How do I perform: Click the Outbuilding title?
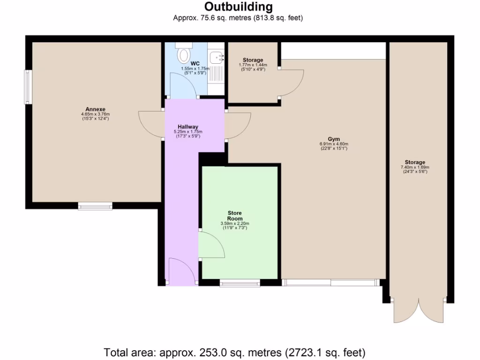(238, 7)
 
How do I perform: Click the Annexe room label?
(92, 109)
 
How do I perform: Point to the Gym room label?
(333, 139)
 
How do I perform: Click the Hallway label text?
(187, 127)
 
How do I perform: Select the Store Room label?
(234, 216)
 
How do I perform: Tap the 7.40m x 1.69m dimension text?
(415, 167)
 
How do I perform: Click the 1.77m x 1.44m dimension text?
(253, 65)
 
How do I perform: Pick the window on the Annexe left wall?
(28, 87)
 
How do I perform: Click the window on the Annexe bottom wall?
(95, 205)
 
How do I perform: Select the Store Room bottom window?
(240, 283)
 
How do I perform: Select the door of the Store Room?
(212, 245)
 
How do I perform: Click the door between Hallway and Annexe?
(151, 124)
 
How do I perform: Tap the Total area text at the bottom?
(234, 352)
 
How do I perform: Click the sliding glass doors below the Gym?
(331, 282)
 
